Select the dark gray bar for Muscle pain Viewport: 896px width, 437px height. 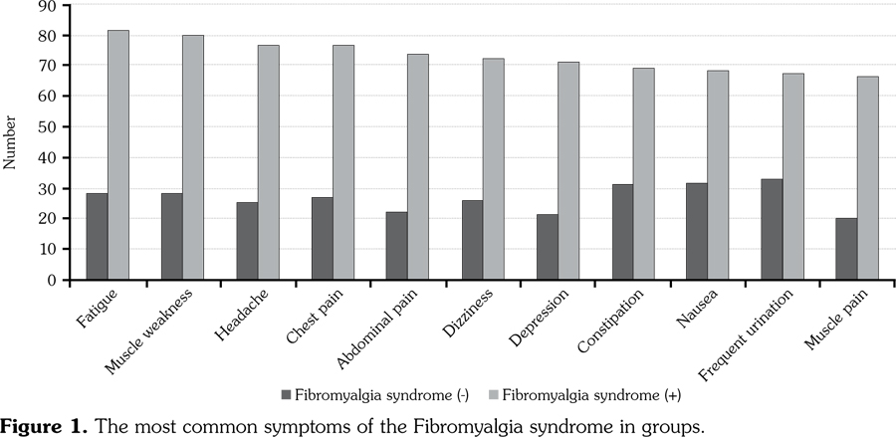pyautogui.click(x=846, y=249)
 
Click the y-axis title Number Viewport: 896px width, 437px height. pyautogui.click(x=11, y=142)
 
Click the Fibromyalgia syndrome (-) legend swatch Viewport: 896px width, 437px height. pyautogui.click(x=287, y=395)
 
